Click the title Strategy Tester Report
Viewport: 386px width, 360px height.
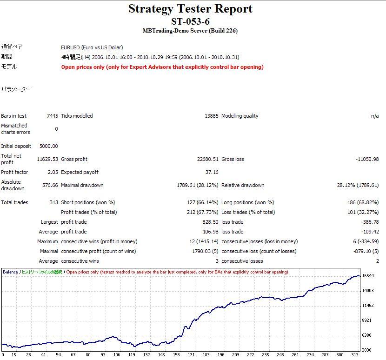[x=190, y=9]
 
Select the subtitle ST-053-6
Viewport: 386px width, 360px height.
[x=190, y=21]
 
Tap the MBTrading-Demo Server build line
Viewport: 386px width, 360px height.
[x=191, y=31]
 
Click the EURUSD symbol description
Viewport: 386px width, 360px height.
[x=92, y=47]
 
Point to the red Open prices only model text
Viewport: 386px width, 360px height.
[x=162, y=67]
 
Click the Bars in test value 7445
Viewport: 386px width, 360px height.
[x=52, y=116]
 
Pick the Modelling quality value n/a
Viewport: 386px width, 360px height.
[x=374, y=116]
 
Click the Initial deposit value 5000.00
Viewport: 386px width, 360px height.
[x=48, y=146]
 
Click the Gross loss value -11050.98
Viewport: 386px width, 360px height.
[x=367, y=159]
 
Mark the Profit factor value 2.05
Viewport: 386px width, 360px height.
[x=53, y=172]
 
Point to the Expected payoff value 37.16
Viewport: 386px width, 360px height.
[x=212, y=172]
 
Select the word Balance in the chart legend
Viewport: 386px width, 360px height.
[x=10, y=272]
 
